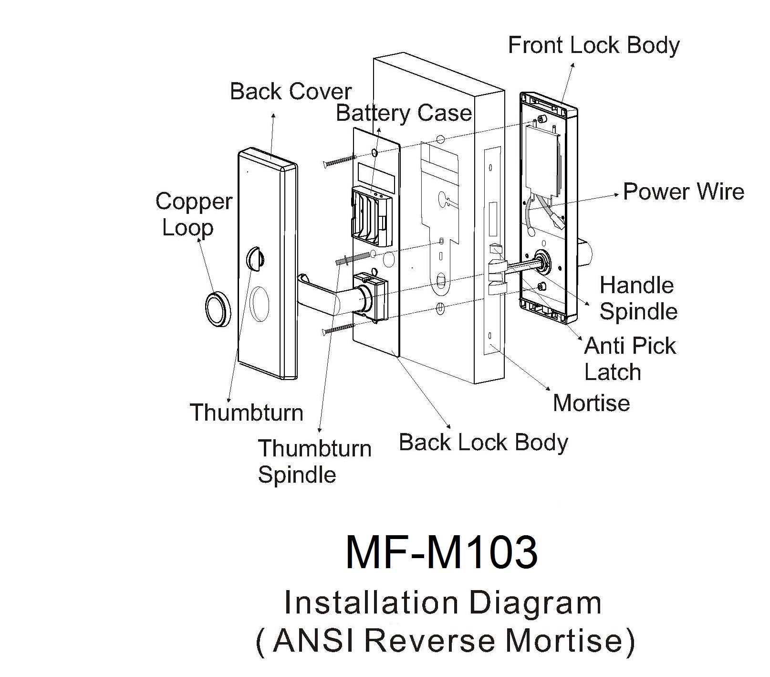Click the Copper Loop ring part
tap(218, 309)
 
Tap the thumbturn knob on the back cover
tap(255, 259)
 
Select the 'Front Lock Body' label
tap(593, 46)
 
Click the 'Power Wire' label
tap(683, 192)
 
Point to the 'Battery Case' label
tap(404, 114)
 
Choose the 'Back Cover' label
tap(291, 92)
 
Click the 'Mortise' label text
tap(591, 403)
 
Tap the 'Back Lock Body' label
tap(483, 443)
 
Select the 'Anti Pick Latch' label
tap(630, 359)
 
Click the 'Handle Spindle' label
tap(638, 298)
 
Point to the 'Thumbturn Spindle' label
tap(314, 461)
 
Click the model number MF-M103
tap(441, 552)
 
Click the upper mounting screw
tap(340, 161)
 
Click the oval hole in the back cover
tap(260, 304)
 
